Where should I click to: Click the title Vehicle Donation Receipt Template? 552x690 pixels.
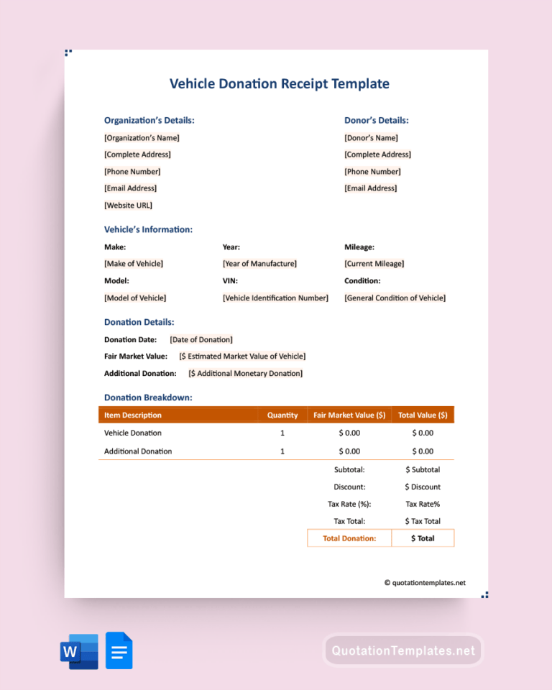pyautogui.click(x=279, y=83)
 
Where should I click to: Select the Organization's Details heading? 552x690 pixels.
pyautogui.click(x=149, y=121)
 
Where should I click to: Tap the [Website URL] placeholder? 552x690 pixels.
pyautogui.click(x=128, y=206)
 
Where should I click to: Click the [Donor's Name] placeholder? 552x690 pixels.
pyautogui.click(x=371, y=138)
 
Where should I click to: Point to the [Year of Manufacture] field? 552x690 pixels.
pyautogui.click(x=259, y=264)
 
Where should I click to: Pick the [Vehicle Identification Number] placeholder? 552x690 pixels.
pyautogui.click(x=275, y=298)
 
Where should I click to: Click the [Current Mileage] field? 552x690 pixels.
pyautogui.click(x=374, y=264)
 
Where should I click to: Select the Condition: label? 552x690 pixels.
pyautogui.click(x=362, y=281)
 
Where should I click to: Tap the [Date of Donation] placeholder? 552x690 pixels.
pyautogui.click(x=201, y=340)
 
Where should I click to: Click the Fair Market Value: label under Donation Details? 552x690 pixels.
pyautogui.click(x=136, y=356)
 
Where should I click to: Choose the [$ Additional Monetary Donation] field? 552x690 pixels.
pyautogui.click(x=245, y=374)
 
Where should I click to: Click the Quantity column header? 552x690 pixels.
pyautogui.click(x=282, y=415)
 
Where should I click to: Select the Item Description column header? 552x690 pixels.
pyautogui.click(x=133, y=415)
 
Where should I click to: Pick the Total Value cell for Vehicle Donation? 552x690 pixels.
pyautogui.click(x=423, y=433)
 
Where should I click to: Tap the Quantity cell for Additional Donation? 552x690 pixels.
pyautogui.click(x=282, y=451)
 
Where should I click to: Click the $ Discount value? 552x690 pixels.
pyautogui.click(x=423, y=487)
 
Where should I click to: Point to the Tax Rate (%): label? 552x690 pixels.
pyautogui.click(x=349, y=505)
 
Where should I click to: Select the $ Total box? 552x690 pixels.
pyautogui.click(x=423, y=538)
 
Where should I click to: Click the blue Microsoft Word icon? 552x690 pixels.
pyautogui.click(x=80, y=651)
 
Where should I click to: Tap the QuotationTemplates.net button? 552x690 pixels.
pyautogui.click(x=403, y=651)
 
